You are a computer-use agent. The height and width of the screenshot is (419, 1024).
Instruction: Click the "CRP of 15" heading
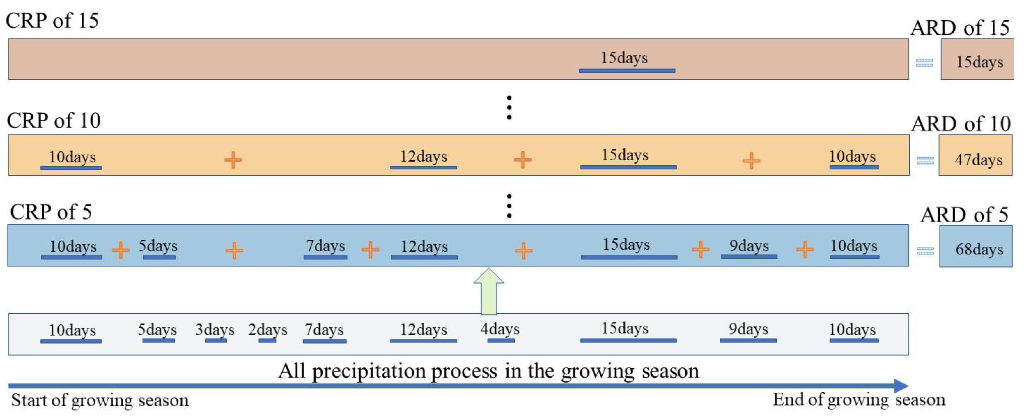[x=52, y=20]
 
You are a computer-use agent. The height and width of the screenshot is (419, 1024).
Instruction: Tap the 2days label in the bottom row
[x=267, y=330]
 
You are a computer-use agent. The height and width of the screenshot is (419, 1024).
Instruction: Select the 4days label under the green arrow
[x=500, y=329]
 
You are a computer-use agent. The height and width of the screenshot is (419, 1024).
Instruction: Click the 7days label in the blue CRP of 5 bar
[x=325, y=246]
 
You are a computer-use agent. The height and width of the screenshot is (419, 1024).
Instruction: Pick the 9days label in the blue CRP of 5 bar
[x=749, y=246]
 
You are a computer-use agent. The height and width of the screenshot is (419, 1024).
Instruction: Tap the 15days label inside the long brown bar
[x=624, y=58]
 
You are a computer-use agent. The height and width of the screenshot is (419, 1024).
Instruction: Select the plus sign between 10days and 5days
[x=121, y=250]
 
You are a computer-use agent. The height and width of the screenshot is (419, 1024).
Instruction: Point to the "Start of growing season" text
[x=100, y=400]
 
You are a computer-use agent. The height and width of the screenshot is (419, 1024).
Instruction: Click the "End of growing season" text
[x=859, y=399]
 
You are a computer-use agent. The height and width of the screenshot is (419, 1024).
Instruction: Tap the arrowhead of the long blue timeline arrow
[x=901, y=386]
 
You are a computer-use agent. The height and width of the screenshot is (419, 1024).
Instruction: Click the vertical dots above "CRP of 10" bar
[x=509, y=107]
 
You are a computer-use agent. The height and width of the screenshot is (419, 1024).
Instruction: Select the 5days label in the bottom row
[x=157, y=330]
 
